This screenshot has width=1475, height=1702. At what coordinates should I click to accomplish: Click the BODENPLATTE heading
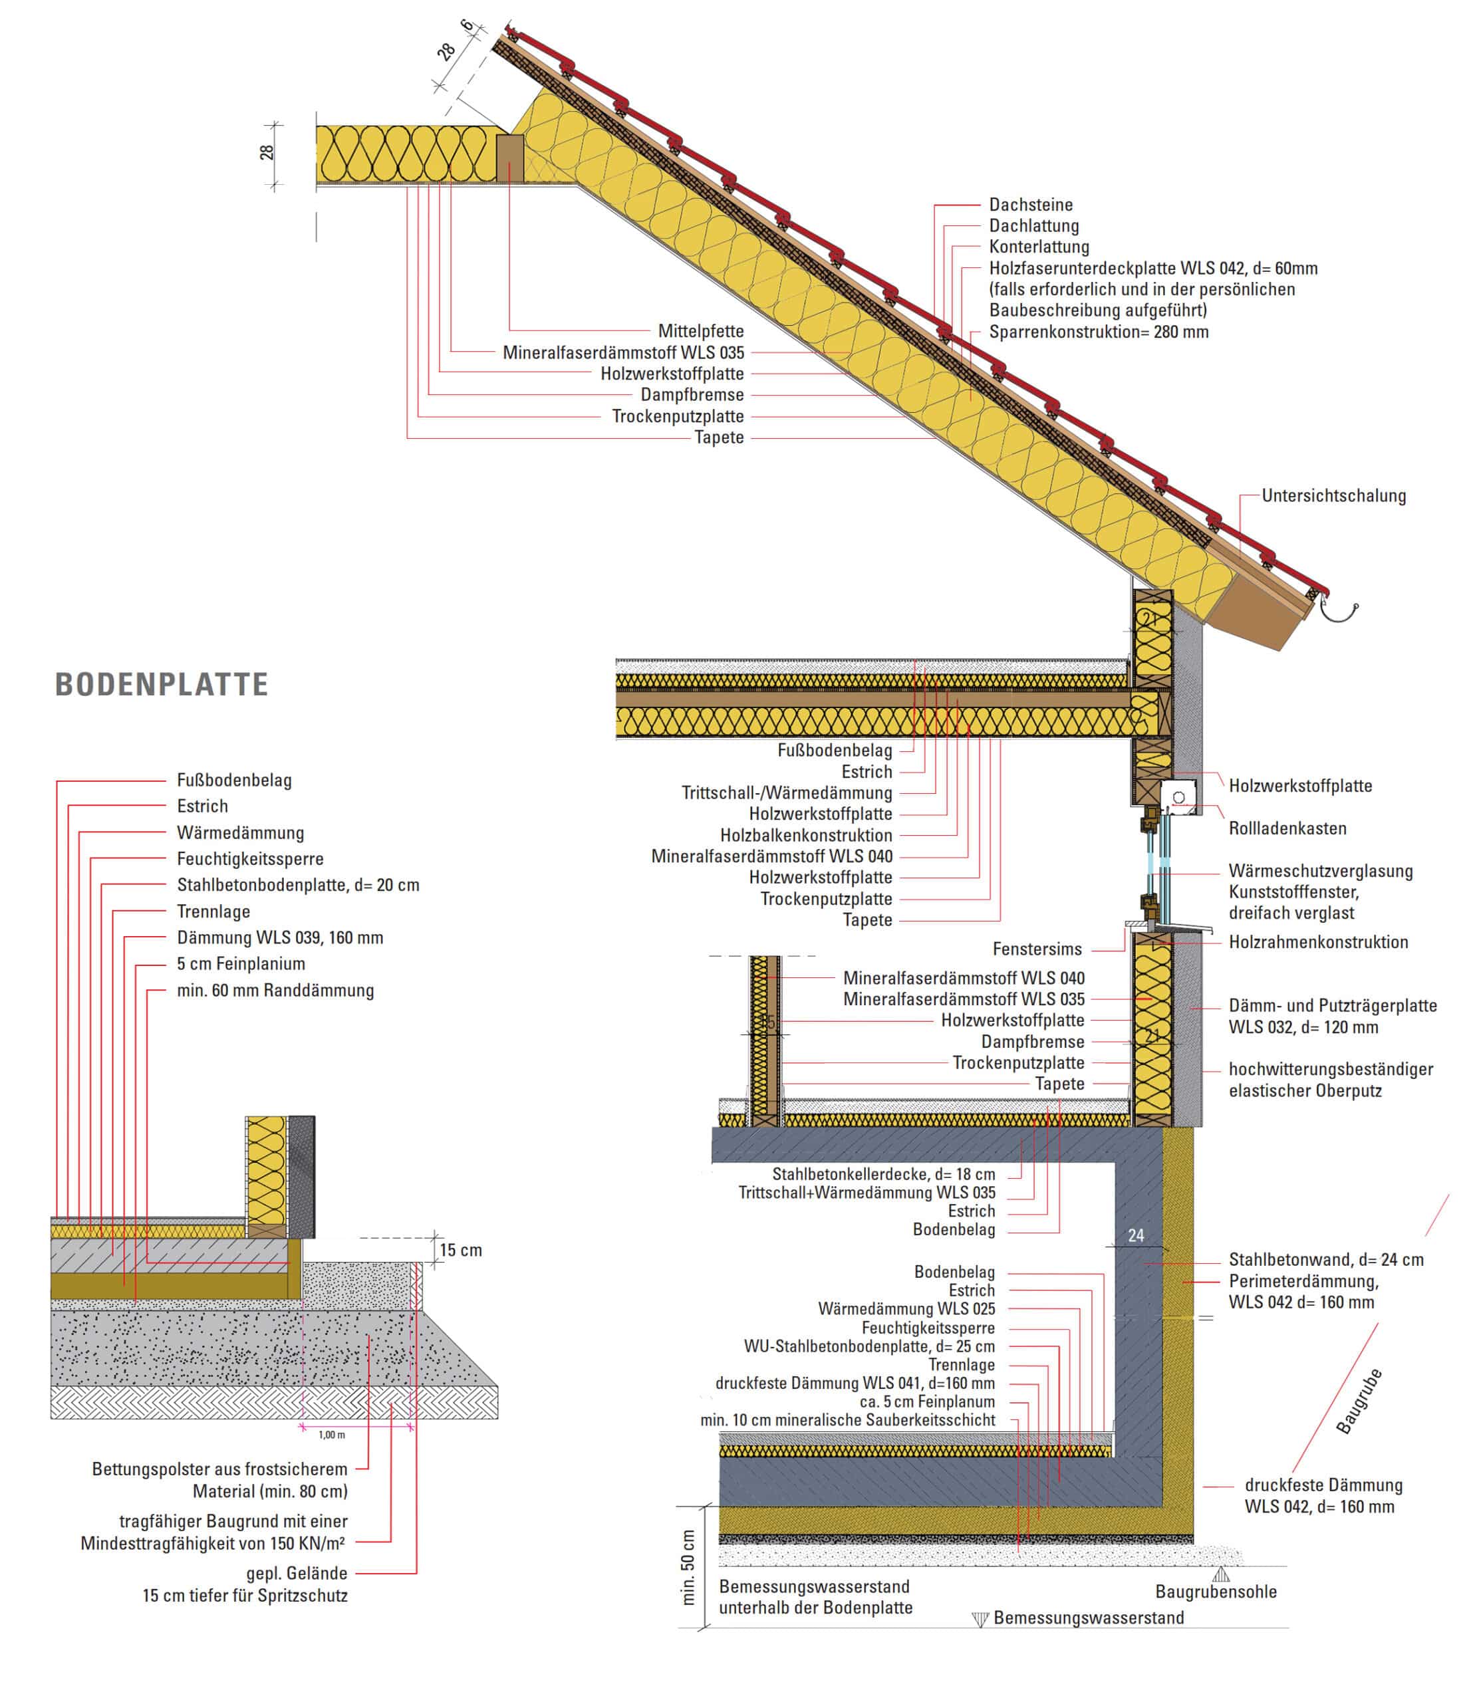(x=162, y=685)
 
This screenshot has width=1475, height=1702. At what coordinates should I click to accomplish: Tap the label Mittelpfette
(x=700, y=331)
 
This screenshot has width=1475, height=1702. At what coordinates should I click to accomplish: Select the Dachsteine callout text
(x=1031, y=204)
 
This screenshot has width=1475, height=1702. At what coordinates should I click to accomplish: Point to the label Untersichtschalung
(x=1333, y=495)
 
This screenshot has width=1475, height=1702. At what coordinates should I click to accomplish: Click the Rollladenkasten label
(x=1287, y=828)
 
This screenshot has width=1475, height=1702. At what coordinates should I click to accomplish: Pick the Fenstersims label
(x=1037, y=949)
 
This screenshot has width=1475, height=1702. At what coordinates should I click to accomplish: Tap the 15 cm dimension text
(x=461, y=1250)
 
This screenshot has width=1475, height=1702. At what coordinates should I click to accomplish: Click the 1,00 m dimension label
(x=332, y=1435)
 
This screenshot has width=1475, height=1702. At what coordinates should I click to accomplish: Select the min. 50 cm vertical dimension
(x=689, y=1567)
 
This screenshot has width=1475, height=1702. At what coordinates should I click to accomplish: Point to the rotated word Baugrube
(x=1359, y=1401)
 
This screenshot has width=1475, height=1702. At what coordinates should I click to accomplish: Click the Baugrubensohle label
(x=1216, y=1592)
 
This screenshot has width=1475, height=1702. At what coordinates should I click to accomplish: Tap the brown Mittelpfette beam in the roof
(x=510, y=159)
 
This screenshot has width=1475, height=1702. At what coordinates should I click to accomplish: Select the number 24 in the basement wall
(x=1136, y=1235)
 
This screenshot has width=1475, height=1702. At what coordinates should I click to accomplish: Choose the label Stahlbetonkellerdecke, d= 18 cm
(x=883, y=1174)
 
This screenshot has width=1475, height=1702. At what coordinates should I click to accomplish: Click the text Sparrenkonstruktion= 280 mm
(x=1099, y=332)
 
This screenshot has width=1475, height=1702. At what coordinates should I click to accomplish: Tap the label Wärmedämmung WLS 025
(x=906, y=1308)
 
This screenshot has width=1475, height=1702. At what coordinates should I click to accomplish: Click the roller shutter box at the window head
(x=1178, y=798)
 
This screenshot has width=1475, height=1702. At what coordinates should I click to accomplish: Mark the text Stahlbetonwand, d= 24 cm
(x=1326, y=1259)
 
